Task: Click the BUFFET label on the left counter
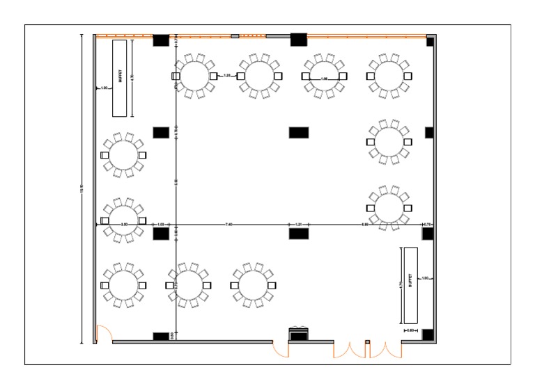tap(121, 76)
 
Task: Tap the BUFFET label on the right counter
tap(410, 284)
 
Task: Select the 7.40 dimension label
tap(228, 225)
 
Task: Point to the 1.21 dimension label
tap(298, 225)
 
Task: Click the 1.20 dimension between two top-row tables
tap(228, 75)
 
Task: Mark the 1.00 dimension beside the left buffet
tap(104, 88)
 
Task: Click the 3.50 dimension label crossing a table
tap(124, 225)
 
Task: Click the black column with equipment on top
tap(299, 334)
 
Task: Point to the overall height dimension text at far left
tap(84, 191)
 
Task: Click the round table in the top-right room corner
tap(389, 76)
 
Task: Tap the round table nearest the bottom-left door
tap(123, 285)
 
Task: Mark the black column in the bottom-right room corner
tap(428, 334)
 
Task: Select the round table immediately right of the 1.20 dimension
tap(258, 76)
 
